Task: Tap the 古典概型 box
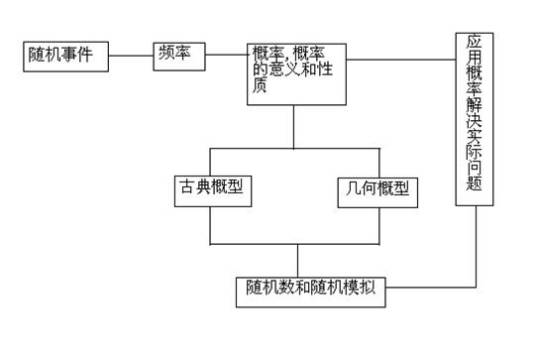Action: click(x=210, y=189)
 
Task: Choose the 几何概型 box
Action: click(x=372, y=189)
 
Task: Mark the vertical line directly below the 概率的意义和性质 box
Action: click(x=294, y=125)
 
